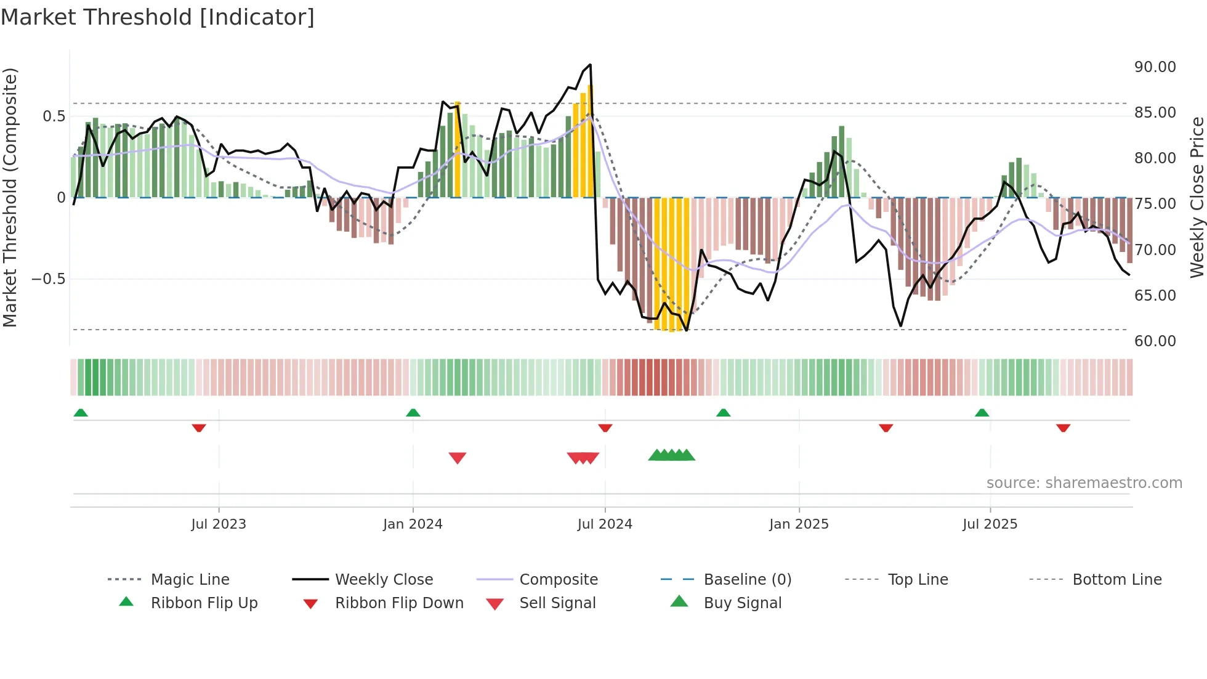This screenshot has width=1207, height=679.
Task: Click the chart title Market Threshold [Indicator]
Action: click(158, 17)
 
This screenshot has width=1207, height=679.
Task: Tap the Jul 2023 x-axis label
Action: click(219, 524)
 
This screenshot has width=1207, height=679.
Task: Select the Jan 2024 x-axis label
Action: click(413, 524)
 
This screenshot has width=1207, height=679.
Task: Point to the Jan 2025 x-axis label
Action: click(799, 524)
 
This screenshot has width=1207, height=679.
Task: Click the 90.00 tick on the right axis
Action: click(1155, 67)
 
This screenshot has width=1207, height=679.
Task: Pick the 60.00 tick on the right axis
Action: click(1155, 341)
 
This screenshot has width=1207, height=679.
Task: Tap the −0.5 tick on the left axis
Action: click(49, 279)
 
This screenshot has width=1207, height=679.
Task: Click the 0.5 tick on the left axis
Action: click(54, 116)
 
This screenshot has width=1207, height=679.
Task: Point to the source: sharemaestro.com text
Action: click(1084, 483)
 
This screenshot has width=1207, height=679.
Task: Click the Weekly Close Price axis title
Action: click(1197, 197)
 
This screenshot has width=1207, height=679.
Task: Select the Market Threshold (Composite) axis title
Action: click(10, 197)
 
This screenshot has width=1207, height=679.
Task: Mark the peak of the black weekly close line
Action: click(590, 65)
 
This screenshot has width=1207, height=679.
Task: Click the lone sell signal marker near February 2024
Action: click(458, 458)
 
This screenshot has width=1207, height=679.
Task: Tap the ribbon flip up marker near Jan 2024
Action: click(413, 413)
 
